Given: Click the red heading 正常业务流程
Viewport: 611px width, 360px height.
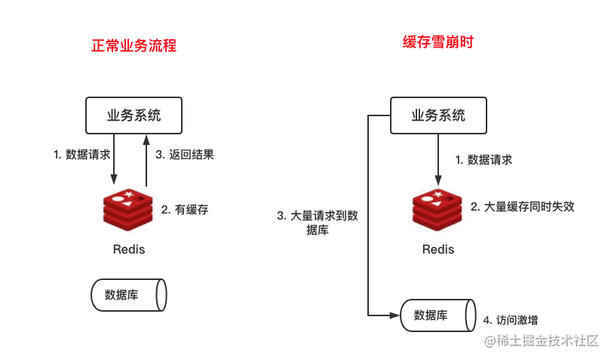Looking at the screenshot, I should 134,45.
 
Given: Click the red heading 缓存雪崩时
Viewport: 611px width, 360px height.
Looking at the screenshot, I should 438,42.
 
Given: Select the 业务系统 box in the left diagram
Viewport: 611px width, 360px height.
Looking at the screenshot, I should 134,115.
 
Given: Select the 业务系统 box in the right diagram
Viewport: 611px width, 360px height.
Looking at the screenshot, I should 438,115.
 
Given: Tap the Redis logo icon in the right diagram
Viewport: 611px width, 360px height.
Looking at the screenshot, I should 437,211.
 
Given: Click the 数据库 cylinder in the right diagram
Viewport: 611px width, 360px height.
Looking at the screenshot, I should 438,315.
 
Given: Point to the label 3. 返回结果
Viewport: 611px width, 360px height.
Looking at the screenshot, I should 185,155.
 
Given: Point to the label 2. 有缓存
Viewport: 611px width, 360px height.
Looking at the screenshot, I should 184,210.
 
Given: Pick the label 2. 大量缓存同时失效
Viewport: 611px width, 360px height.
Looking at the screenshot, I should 523,205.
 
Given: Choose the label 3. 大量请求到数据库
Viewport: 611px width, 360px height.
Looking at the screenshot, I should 318,223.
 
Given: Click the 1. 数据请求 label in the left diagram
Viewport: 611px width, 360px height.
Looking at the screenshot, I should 81,155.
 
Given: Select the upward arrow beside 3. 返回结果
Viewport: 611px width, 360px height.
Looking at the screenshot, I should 146,158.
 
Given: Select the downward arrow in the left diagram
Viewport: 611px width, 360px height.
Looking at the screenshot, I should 114,158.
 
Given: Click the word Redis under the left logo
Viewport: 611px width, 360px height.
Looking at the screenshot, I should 128,249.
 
